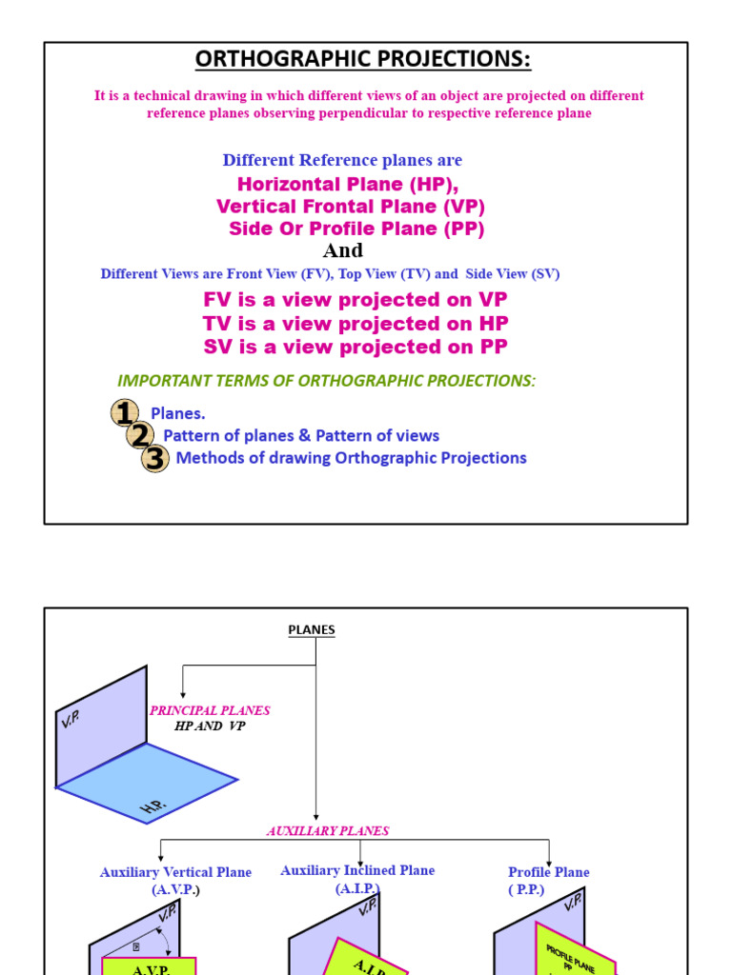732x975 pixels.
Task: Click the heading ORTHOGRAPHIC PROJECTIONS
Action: (363, 60)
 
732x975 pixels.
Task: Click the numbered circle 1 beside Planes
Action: (124, 413)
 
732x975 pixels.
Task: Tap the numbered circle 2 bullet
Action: (140, 435)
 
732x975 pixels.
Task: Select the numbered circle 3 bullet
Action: (155, 458)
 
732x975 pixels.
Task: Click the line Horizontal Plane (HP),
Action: (341, 184)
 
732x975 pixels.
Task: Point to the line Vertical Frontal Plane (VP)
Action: (351, 207)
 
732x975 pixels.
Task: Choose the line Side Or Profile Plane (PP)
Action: (356, 229)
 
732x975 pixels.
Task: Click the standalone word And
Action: (343, 251)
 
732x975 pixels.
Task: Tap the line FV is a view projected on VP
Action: (356, 300)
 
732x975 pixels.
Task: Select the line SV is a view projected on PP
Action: (356, 347)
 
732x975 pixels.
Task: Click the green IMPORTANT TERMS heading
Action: (326, 381)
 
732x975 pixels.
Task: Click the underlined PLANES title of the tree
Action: (312, 630)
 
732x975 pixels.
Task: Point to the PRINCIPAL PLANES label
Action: (210, 710)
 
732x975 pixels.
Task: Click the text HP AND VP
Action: (211, 726)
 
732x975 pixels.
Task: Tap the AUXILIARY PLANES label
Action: (328, 830)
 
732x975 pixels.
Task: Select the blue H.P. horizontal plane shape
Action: (148, 779)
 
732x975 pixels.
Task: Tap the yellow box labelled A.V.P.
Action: (150, 966)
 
